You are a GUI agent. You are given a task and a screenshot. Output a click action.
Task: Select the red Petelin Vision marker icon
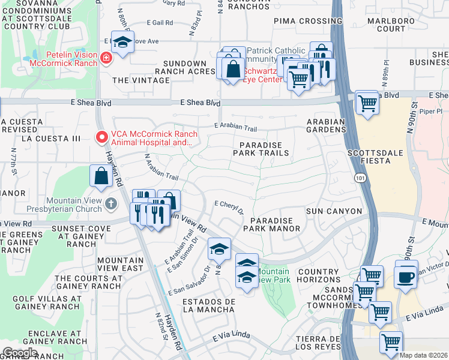tap(106, 58)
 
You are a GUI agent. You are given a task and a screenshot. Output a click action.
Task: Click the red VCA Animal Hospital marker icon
tap(101, 137)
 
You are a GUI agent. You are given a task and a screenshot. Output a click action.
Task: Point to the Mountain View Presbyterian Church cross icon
tap(110, 205)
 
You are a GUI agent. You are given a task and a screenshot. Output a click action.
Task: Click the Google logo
tap(19, 352)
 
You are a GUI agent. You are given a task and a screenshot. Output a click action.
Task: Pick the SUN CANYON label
tap(334, 211)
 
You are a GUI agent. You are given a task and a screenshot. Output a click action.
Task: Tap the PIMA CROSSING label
tap(300, 21)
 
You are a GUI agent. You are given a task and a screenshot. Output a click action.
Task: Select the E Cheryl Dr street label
tap(229, 206)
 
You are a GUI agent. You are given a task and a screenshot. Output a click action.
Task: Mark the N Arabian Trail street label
tap(161, 168)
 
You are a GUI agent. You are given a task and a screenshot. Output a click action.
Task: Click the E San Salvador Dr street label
tap(190, 280)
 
